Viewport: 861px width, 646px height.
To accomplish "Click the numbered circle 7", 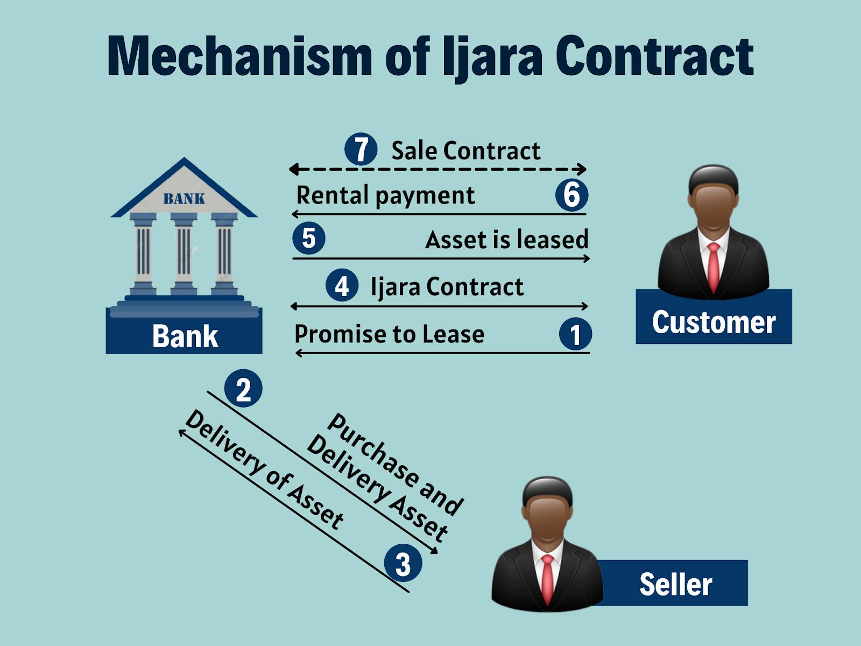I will (361, 149).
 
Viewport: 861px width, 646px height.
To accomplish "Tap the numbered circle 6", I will (571, 194).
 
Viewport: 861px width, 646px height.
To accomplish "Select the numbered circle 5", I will (309, 238).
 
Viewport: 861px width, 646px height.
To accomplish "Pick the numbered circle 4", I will (342, 286).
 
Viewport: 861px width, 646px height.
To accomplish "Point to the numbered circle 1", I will (575, 334).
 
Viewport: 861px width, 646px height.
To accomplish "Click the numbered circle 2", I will (243, 389).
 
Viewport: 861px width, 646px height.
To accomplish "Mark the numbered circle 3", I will (403, 564).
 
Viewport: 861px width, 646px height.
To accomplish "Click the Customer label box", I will (714, 322).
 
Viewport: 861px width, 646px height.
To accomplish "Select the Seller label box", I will (675, 584).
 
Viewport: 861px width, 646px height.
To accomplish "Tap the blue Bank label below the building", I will (185, 336).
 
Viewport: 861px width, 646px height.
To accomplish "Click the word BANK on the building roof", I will (184, 199).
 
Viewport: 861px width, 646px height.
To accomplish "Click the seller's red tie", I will (547, 579).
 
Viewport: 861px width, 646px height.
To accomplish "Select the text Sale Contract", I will (465, 151).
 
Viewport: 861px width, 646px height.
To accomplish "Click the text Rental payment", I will (385, 195).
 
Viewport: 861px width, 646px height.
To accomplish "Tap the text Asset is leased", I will (506, 240).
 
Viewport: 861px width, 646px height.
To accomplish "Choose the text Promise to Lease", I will (389, 334).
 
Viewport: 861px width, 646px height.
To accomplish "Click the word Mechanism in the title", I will (239, 55).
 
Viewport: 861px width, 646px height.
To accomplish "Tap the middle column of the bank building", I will (184, 253).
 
